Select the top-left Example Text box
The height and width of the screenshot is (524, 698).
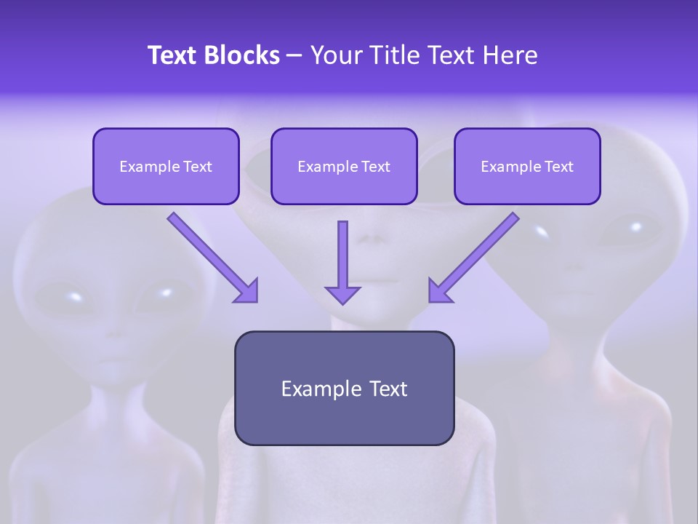(x=166, y=167)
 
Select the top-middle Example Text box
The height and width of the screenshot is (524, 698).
(x=344, y=167)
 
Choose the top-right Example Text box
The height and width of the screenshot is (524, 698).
(x=527, y=167)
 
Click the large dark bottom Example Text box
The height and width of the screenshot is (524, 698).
(x=344, y=388)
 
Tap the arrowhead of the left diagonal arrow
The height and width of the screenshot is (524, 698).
(x=247, y=292)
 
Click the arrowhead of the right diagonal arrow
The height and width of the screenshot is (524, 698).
(x=439, y=292)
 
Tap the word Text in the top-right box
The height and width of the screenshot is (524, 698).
(x=559, y=167)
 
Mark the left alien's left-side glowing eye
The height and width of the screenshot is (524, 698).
(x=73, y=296)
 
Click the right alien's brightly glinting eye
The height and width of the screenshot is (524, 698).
(x=541, y=231)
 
